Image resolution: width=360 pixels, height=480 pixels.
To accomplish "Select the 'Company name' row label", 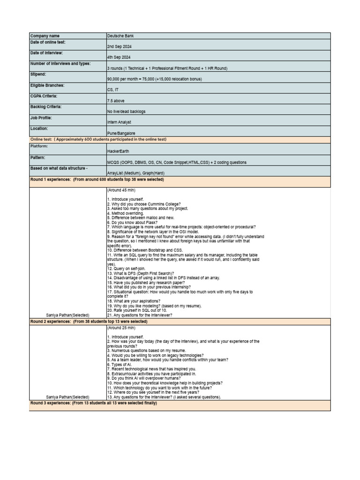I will pyautogui.click(x=45, y=36).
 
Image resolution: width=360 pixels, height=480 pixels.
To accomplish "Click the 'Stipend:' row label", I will pyautogui.click(x=38, y=74).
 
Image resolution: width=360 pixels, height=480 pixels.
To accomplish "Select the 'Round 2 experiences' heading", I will pyautogui.click(x=89, y=322).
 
